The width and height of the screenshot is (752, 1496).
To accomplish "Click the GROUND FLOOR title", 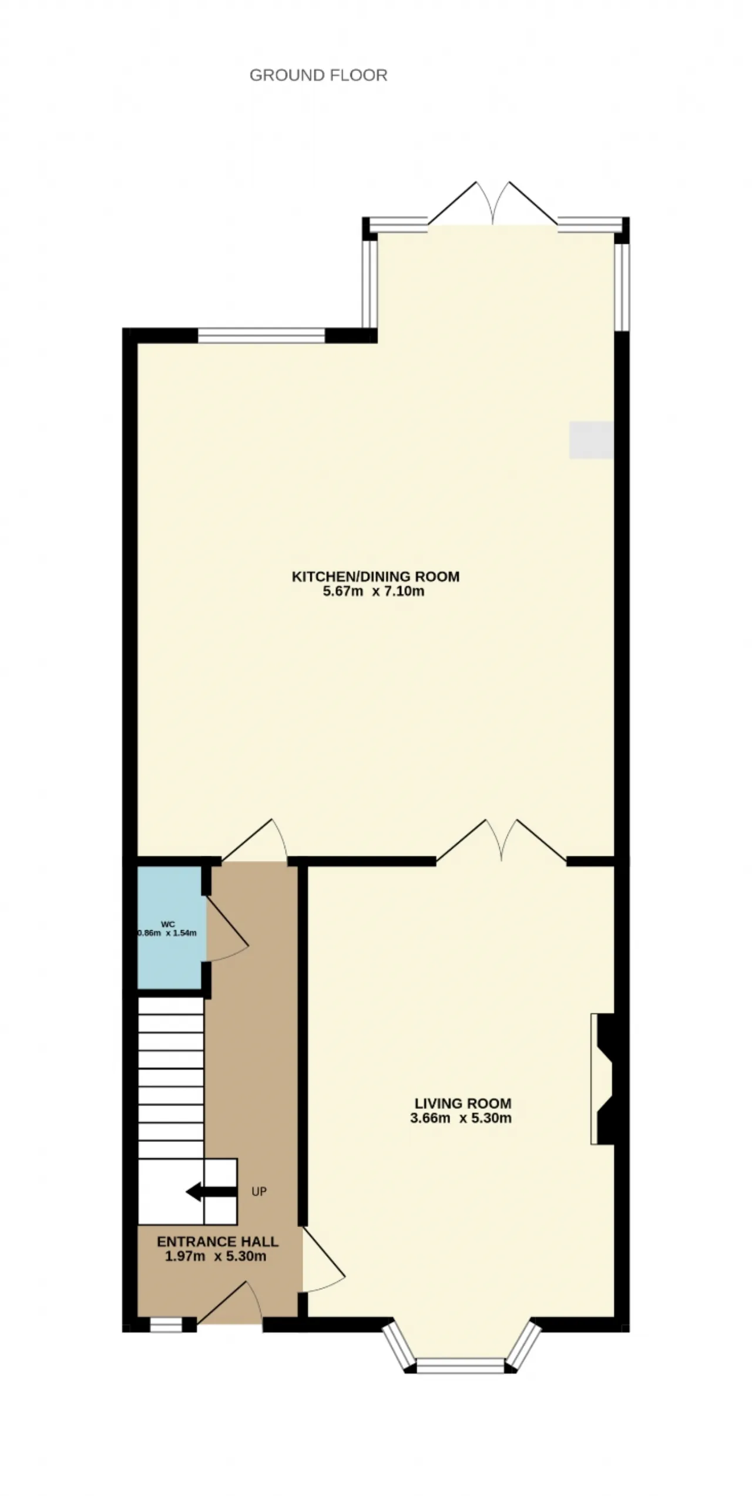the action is [318, 75].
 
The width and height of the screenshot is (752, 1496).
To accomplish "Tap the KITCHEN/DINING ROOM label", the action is [375, 576].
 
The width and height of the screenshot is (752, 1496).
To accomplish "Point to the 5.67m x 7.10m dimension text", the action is [374, 591].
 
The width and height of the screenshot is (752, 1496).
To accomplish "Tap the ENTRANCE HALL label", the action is [217, 1242].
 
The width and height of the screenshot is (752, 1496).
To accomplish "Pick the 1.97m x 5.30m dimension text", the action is [216, 1256].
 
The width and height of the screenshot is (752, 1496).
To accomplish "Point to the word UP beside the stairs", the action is [259, 1192].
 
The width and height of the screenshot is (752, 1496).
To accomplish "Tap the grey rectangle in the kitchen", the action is [592, 439].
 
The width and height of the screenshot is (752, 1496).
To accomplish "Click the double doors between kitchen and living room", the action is [501, 841].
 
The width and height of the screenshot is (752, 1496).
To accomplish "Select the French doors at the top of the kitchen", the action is [493, 203].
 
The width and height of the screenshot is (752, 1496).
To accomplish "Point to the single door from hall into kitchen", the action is [254, 841].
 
